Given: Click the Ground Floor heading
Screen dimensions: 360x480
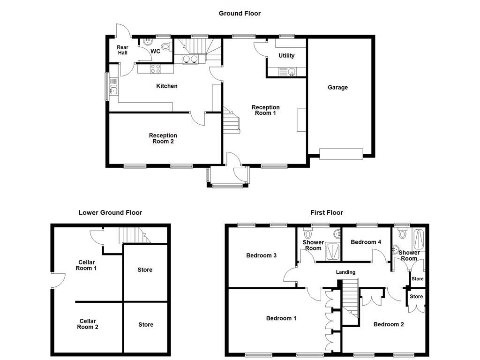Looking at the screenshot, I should coord(240,14).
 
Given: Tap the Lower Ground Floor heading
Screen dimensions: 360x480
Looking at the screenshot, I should coord(110,212).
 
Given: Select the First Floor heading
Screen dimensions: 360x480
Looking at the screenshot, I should coord(326,212).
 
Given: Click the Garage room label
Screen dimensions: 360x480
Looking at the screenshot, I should coord(337,87).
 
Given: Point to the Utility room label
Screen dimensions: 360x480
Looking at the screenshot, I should coord(286,55).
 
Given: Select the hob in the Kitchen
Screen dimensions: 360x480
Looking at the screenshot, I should coord(156,69).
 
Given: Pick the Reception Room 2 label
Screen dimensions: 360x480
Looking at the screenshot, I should coord(163,138).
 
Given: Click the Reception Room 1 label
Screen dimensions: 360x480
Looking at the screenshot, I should coord(265,110).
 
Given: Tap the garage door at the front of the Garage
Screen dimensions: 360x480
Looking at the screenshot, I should coord(341,153).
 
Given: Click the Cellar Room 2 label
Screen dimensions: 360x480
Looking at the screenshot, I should coord(88,324).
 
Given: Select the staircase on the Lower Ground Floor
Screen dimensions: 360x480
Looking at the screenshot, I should coord(135,235).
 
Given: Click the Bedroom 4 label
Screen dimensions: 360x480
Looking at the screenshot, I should coord(366,242).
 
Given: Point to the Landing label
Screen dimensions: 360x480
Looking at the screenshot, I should coord(345,272).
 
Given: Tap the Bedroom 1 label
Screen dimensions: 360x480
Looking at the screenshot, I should coord(281,318).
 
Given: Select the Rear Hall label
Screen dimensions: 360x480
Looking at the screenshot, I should coord(122,50).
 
